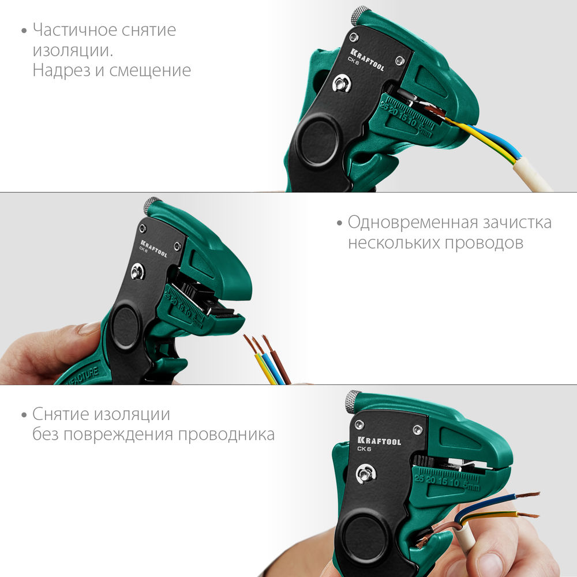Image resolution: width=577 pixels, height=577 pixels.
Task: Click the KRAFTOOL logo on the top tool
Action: pos(366,59)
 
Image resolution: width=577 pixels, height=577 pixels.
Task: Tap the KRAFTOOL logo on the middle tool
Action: pos(153,246)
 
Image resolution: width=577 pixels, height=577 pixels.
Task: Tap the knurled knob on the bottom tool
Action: pos(353,400)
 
